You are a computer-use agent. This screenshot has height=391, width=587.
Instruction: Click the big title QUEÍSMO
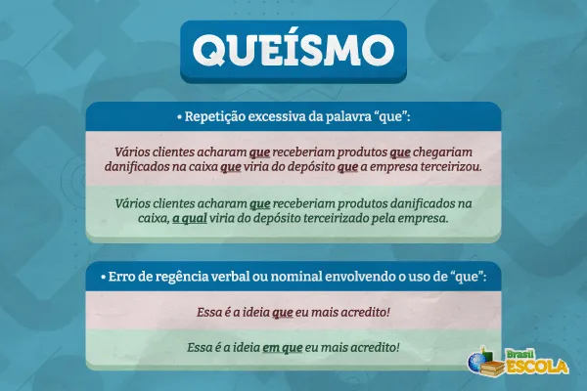click(293, 49)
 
